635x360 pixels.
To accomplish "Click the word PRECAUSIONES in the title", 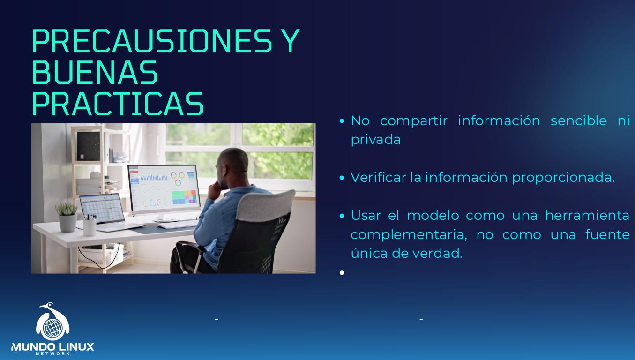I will click(x=151, y=41).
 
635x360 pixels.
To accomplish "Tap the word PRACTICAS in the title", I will click(x=118, y=104).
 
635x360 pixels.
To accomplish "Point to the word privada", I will click(x=375, y=140).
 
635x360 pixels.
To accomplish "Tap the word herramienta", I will click(x=587, y=216).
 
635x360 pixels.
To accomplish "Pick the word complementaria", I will click(x=407, y=234).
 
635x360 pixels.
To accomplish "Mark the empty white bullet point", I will click(x=342, y=272).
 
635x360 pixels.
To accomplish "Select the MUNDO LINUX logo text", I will click(x=52, y=347).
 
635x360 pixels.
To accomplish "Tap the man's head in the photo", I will click(x=233, y=165).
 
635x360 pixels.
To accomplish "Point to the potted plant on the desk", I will click(x=67, y=215).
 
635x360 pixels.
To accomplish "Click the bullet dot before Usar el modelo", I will click(x=342, y=216).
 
